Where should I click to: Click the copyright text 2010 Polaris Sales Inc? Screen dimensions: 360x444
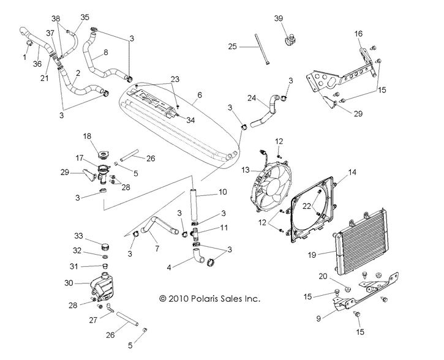point(209,299)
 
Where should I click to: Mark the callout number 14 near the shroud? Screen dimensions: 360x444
point(352,173)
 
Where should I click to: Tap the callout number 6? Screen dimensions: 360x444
point(198,96)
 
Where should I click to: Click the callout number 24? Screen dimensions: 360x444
point(251,97)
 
